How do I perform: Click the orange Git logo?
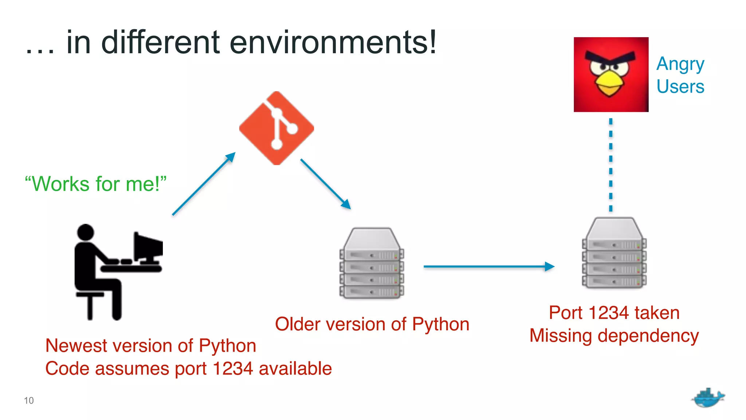click(276, 128)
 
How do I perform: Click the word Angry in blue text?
click(680, 65)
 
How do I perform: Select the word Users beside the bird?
click(680, 87)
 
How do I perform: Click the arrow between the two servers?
click(488, 267)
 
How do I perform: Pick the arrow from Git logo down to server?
click(325, 183)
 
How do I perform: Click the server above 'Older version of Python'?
click(372, 263)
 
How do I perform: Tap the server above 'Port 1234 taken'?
click(614, 253)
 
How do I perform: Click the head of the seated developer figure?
click(86, 232)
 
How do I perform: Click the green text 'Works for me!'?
click(95, 184)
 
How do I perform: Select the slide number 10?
click(29, 400)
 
